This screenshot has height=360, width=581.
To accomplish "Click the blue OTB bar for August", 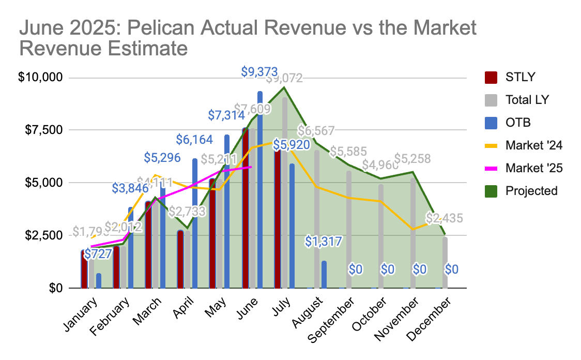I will coord(324,274).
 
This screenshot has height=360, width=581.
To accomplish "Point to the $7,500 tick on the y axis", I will coord(44,130).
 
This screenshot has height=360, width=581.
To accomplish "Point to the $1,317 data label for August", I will coord(324,241).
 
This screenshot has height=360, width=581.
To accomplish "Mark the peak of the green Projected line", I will coord(284,87).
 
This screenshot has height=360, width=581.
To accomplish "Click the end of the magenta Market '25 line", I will coord(251,167).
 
